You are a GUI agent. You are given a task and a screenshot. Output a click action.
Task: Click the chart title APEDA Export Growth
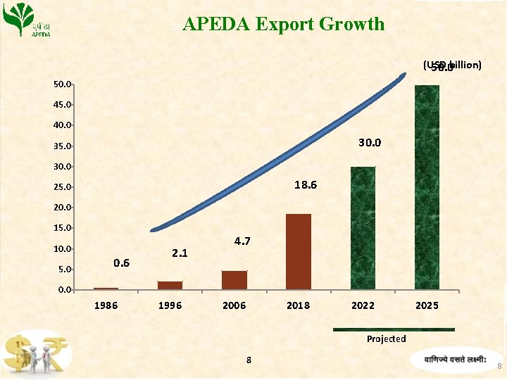(x=283, y=24)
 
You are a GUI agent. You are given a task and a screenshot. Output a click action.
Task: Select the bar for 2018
(x=299, y=251)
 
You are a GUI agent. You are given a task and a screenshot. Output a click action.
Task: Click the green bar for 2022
(x=363, y=228)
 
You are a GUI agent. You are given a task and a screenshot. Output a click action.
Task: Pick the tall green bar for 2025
(x=427, y=187)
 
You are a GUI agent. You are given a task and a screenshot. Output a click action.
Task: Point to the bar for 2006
(x=234, y=280)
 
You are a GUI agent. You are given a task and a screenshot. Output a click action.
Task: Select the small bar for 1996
(x=170, y=285)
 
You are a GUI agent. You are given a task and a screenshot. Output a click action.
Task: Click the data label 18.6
(x=305, y=185)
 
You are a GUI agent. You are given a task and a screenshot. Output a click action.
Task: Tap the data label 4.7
(x=243, y=241)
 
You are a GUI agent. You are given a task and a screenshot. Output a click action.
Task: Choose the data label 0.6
(x=121, y=263)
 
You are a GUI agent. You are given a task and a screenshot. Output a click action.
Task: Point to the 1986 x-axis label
(x=106, y=305)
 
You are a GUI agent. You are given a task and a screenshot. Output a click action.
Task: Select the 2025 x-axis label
(x=427, y=305)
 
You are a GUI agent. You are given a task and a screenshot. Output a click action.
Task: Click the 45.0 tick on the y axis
(x=62, y=105)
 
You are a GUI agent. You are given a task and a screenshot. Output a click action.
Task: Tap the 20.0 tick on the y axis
(x=62, y=208)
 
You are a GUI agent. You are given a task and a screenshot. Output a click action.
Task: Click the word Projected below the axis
(x=386, y=339)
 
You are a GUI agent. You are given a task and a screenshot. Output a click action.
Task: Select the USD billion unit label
(x=452, y=65)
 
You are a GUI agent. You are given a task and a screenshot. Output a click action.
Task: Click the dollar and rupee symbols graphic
(x=35, y=354)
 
